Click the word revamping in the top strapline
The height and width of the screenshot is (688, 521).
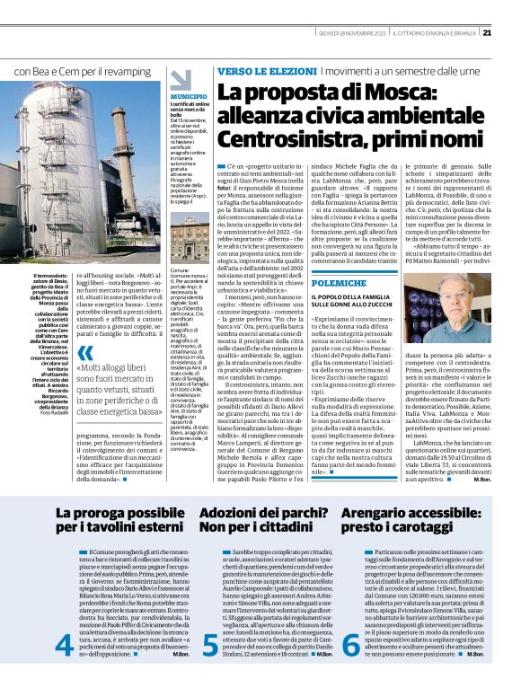coord(129,70)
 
